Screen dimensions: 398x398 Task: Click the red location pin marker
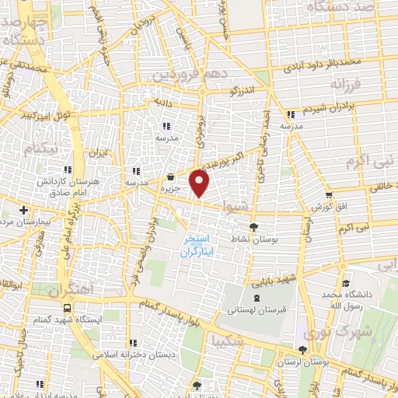coord(201,184)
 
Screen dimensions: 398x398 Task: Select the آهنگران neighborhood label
coord(72,292)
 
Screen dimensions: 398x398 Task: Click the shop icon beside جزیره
coord(170,176)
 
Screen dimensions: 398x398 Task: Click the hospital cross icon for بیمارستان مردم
coord(24,210)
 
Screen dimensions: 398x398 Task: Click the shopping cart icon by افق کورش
coord(329,195)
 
